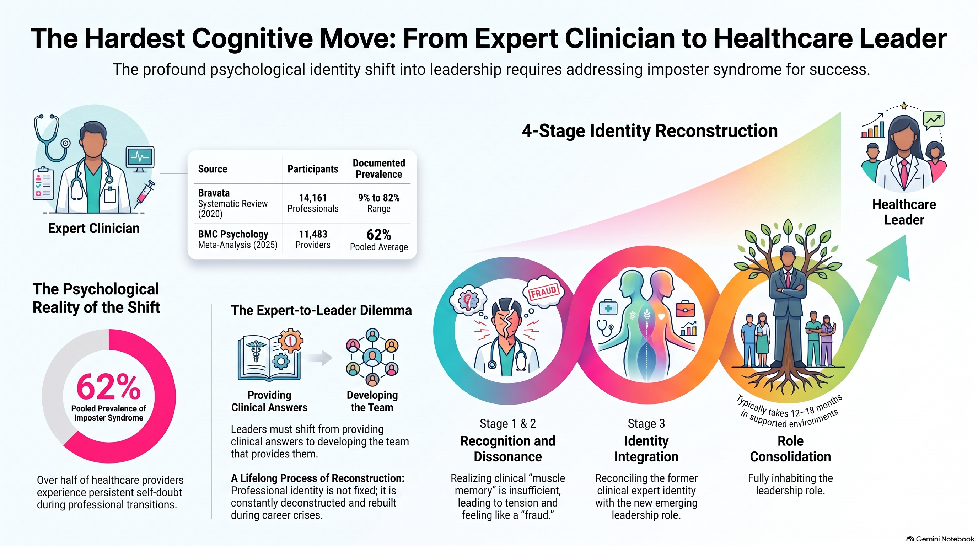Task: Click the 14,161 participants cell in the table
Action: tap(313, 203)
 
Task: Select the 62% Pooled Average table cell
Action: tap(379, 239)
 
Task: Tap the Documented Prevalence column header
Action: tap(379, 168)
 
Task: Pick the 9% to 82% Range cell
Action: tap(379, 203)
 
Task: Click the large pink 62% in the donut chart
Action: tap(109, 386)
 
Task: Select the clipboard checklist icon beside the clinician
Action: tap(43, 184)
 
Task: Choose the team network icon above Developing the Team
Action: tap(372, 357)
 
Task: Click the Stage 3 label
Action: tap(646, 423)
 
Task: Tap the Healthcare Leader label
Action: tap(904, 212)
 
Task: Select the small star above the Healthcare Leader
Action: tap(904, 106)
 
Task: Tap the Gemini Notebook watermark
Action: tap(940, 539)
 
